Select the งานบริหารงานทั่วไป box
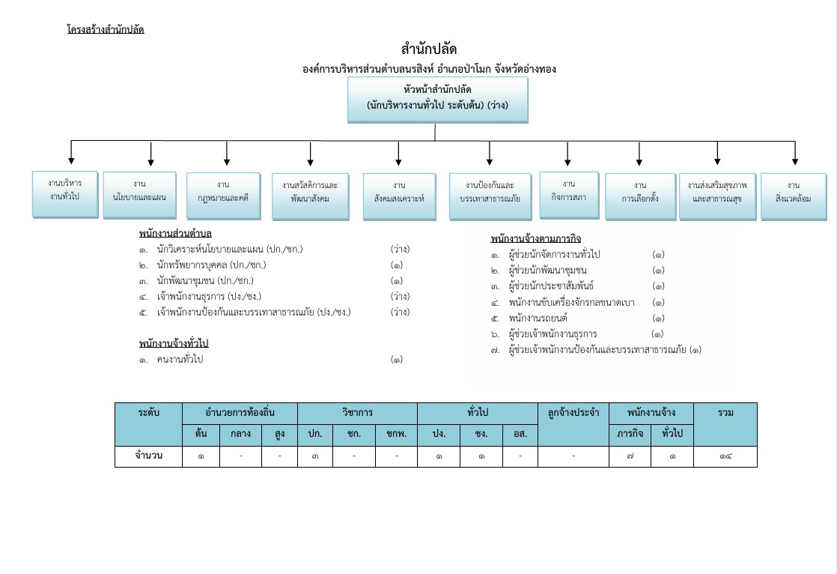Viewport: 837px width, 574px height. point(65,194)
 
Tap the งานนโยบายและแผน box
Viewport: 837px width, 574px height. point(139,196)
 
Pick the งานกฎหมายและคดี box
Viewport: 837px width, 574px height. point(223,196)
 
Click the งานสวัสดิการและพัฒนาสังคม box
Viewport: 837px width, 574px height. point(310,196)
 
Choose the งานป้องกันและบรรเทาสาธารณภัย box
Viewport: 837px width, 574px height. point(490,196)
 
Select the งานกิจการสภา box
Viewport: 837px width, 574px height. point(569,194)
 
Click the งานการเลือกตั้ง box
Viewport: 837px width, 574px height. point(639,196)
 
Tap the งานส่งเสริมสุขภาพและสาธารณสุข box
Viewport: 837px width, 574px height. point(717,196)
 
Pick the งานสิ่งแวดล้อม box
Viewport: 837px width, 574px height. point(794,196)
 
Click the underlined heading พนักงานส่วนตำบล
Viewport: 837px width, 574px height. point(175,234)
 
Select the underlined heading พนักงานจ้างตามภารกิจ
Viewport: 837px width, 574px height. point(536,239)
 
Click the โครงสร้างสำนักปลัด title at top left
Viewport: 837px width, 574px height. point(105,30)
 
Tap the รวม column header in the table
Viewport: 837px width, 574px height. point(725,413)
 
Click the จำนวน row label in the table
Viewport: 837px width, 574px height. point(148,455)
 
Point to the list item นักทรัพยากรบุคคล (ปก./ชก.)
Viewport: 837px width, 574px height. point(212,265)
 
